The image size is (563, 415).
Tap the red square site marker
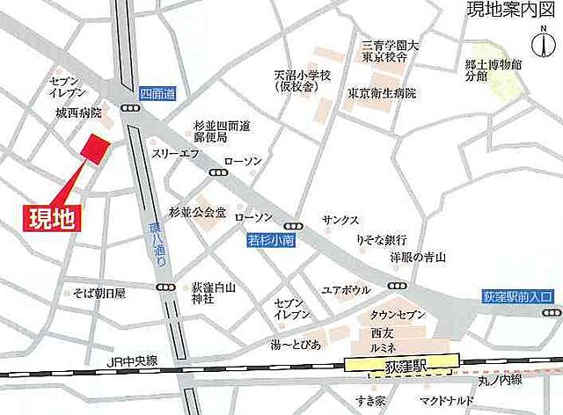click(95, 149)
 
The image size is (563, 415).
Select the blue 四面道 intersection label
click(157, 92)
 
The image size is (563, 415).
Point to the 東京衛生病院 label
click(381, 93)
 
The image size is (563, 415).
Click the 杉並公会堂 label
click(197, 212)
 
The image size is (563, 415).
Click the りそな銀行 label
click(379, 239)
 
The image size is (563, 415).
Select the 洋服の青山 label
click(419, 257)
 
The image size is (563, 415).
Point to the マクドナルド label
click(449, 401)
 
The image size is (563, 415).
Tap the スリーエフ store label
click(172, 153)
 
